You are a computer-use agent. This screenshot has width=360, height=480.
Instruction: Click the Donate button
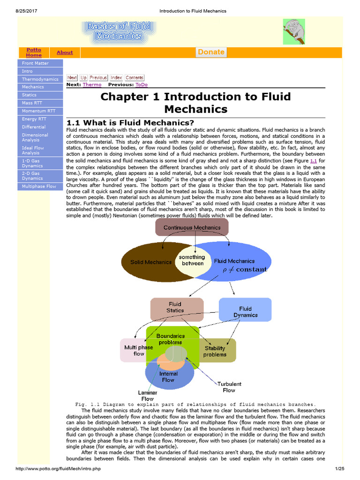click(x=211, y=52)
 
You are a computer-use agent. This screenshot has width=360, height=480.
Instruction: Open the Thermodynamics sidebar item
click(x=40, y=79)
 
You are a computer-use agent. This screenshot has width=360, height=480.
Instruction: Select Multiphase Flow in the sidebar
click(x=39, y=186)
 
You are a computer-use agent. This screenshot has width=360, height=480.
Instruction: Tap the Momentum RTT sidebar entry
click(x=38, y=111)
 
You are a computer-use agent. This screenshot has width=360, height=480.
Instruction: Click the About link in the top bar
click(x=65, y=52)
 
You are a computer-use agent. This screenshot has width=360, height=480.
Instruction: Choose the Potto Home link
click(x=34, y=52)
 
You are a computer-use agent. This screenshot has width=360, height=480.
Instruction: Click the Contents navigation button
click(x=135, y=78)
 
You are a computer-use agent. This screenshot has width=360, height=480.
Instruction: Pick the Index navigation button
click(x=116, y=78)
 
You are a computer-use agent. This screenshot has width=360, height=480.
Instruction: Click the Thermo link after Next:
click(x=92, y=85)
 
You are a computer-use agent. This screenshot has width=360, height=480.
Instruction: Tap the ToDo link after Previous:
click(x=141, y=85)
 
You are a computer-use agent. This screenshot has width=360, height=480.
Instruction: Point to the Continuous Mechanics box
click(x=192, y=227)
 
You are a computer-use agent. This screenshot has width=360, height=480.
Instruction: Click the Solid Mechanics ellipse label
click(x=151, y=262)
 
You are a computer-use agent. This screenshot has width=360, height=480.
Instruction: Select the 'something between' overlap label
click(x=192, y=260)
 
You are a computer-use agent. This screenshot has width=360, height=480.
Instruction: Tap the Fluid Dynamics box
click(x=245, y=312)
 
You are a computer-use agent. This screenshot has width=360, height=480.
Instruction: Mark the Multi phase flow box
click(x=135, y=350)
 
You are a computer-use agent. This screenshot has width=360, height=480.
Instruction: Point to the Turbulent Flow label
click(x=229, y=387)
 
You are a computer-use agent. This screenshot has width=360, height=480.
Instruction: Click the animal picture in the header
click(x=292, y=31)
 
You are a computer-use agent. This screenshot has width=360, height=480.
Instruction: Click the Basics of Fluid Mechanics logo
click(x=118, y=32)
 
